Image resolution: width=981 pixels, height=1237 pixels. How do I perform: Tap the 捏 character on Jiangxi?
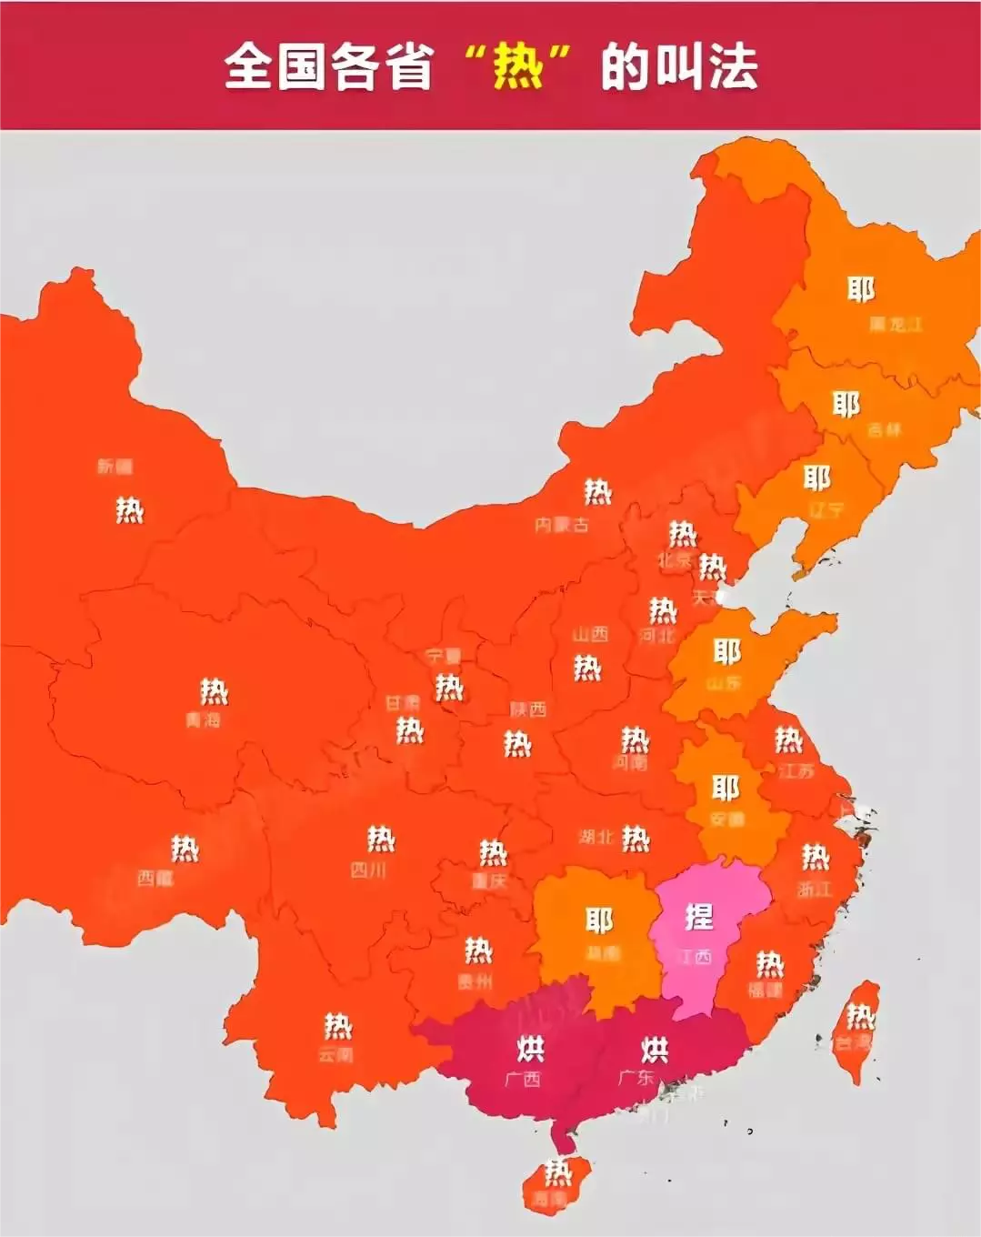click(698, 917)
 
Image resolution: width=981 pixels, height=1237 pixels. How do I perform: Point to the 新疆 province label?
click(115, 467)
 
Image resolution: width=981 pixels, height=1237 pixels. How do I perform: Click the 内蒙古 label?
click(561, 525)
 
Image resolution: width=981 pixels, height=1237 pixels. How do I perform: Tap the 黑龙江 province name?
click(896, 324)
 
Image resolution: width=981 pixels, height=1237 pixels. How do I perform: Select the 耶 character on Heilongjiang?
click(861, 289)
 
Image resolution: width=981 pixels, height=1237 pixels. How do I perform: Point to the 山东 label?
click(724, 683)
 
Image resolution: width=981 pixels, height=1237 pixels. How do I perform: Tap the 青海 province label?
click(203, 720)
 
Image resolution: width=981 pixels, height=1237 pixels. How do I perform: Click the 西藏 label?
click(155, 879)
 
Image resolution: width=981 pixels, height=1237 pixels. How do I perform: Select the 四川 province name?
click(368, 870)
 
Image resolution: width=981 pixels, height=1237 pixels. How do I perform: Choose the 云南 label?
click(335, 1055)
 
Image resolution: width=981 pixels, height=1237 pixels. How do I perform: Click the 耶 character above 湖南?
click(599, 920)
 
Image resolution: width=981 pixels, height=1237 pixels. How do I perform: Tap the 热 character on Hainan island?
click(556, 1172)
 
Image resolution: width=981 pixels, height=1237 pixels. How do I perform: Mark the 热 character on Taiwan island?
click(859, 1014)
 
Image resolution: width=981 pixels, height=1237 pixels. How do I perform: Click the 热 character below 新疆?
click(129, 510)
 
